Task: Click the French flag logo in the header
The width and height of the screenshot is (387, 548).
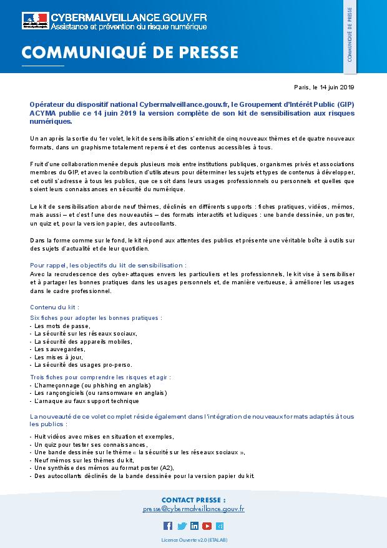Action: coord(34,21)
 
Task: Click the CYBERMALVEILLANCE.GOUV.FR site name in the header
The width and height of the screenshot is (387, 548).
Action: coord(128,17)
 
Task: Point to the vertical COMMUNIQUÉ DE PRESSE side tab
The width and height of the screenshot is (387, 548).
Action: coord(350,37)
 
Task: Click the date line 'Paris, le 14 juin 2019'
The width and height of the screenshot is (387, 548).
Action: coord(324,87)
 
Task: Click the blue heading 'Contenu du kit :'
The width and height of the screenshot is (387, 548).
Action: coord(54,307)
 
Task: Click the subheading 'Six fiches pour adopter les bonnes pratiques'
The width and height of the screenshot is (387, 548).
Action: coord(96,317)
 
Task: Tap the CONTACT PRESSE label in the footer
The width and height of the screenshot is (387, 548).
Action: coord(193,500)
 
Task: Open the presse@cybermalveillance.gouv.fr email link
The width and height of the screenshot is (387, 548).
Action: coord(193,509)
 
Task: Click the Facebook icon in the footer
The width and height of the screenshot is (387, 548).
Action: coord(167,526)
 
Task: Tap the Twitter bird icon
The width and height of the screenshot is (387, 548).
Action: coord(182,526)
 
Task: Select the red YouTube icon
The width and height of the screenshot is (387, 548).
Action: coord(207,526)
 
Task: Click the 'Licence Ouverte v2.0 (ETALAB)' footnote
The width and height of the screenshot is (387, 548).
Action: coord(193,539)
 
